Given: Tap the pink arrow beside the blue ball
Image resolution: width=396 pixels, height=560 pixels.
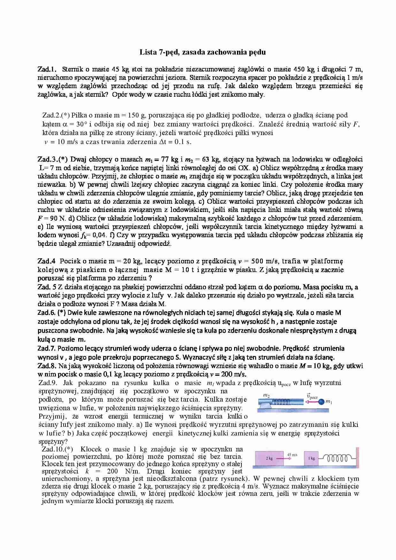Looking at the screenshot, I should (311, 402).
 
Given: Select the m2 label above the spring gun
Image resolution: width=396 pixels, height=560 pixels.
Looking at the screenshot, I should (266, 396).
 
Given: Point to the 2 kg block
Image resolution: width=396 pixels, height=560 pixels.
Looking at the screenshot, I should (269, 458).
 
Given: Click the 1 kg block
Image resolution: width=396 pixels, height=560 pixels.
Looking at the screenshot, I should (311, 458).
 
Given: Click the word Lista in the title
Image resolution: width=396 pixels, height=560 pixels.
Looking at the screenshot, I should (148, 52).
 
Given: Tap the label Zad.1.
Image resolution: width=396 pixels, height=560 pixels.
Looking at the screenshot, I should (47, 69).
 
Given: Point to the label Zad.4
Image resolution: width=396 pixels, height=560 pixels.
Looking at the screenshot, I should (47, 261).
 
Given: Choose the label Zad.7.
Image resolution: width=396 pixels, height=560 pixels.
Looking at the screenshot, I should (47, 348).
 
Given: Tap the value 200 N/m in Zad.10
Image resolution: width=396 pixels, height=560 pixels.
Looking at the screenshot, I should (125, 471).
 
